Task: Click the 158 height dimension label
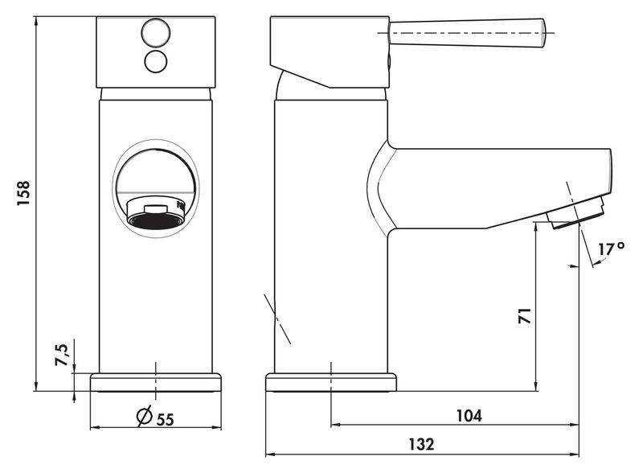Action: pos(24,193)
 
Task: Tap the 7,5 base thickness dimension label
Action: pos(62,356)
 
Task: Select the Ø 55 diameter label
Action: pos(155,417)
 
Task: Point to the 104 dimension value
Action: pos(469,416)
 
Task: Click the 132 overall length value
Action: pos(421,445)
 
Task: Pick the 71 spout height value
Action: pos(525,316)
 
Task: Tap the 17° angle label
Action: pos(611,249)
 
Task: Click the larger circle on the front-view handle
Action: pos(155,32)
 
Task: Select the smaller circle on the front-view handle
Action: pos(156,62)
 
